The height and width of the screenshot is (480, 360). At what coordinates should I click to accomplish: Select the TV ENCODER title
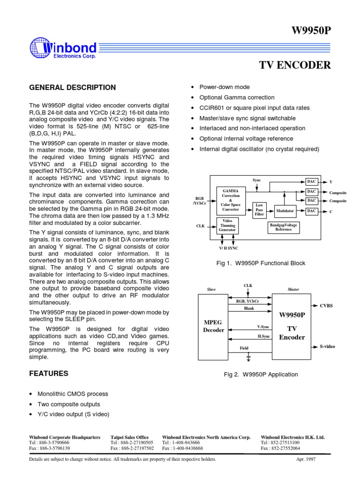[x=295, y=65]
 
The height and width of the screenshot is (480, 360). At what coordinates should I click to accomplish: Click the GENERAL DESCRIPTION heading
[x=73, y=88]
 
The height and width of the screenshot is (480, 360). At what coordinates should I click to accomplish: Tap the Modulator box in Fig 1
[x=285, y=211]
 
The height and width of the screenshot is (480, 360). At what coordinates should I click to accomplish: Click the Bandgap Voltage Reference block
[x=283, y=227]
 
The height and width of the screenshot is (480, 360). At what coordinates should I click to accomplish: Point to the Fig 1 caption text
[x=261, y=263]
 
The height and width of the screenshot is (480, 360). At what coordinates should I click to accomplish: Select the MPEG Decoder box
[x=213, y=326]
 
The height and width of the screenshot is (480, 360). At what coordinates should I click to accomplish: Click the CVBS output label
[x=326, y=305]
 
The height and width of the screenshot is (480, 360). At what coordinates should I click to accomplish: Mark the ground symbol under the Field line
[x=248, y=358]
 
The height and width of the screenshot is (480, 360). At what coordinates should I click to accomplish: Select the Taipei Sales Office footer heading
[x=129, y=437]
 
